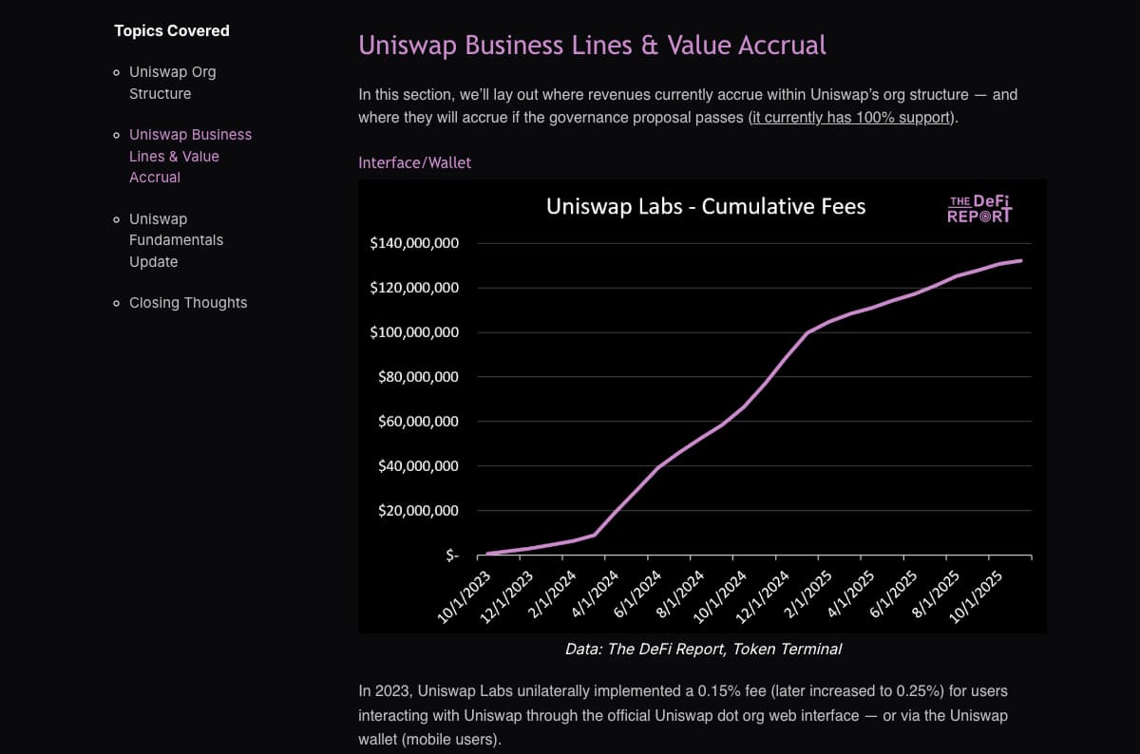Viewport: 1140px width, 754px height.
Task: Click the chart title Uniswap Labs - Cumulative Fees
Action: click(x=706, y=206)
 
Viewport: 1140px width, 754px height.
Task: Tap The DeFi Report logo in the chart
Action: click(x=979, y=209)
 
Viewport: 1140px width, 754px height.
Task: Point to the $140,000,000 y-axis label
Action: click(x=414, y=243)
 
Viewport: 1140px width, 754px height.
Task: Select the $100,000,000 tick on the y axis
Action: click(x=414, y=332)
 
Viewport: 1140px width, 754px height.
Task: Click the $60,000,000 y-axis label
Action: click(x=414, y=422)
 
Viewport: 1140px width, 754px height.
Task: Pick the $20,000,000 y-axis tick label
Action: click(x=414, y=511)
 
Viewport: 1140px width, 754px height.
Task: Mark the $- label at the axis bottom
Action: click(x=452, y=556)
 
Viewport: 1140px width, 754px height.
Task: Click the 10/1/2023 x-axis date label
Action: click(x=465, y=596)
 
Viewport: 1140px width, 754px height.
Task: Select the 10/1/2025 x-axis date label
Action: click(x=976, y=596)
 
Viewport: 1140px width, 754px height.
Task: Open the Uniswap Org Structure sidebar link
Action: click(x=172, y=83)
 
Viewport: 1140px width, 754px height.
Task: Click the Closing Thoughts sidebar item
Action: click(x=188, y=303)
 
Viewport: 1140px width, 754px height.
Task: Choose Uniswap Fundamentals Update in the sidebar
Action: click(x=176, y=240)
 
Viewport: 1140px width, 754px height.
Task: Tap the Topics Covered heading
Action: click(x=172, y=30)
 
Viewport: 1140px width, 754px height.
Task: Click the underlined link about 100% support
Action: click(x=851, y=118)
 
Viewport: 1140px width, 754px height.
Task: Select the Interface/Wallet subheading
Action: click(x=414, y=162)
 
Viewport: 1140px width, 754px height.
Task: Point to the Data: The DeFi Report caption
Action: click(x=702, y=650)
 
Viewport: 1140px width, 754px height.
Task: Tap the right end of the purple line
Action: click(x=1021, y=260)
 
